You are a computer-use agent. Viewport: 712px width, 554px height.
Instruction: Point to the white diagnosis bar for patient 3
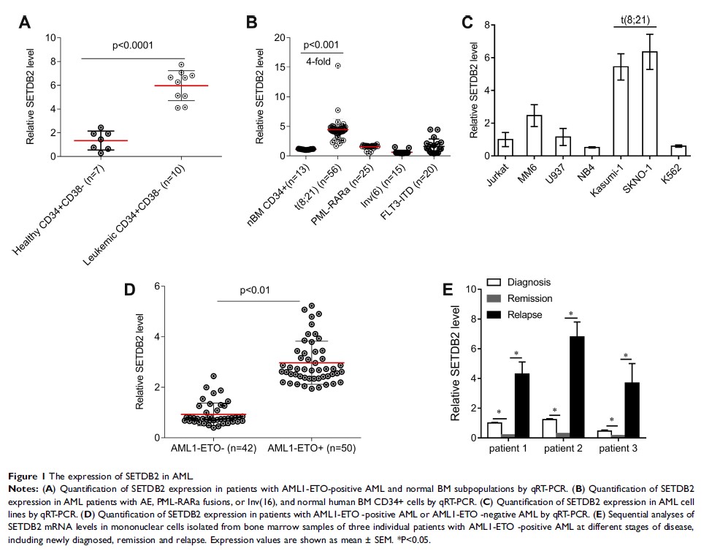(x=604, y=434)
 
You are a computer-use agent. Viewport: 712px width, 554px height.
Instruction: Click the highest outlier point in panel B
(x=338, y=66)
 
